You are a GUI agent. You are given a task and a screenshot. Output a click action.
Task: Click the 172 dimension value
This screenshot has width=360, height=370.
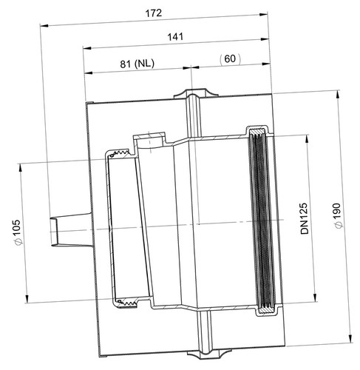pyautogui.click(x=154, y=13)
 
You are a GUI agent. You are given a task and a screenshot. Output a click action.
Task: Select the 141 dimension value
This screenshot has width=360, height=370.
pyautogui.click(x=175, y=37)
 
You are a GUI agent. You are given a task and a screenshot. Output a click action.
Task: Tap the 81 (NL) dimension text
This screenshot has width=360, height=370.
pyautogui.click(x=137, y=64)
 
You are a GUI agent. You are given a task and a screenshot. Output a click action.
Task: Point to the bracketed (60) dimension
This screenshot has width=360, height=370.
pyautogui.click(x=230, y=59)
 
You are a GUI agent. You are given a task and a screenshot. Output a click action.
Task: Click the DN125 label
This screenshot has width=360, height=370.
pyautogui.click(x=305, y=218)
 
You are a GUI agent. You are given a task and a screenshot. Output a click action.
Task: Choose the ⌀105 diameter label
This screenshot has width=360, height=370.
pyautogui.click(x=17, y=232)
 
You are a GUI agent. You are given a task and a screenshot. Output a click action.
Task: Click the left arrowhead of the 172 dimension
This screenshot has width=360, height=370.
pyautogui.click(x=44, y=25)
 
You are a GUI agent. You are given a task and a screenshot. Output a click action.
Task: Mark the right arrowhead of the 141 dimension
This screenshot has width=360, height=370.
pyautogui.click(x=265, y=39)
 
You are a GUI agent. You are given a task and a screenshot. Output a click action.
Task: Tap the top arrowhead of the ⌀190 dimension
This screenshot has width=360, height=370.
pyautogui.click(x=338, y=95)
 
